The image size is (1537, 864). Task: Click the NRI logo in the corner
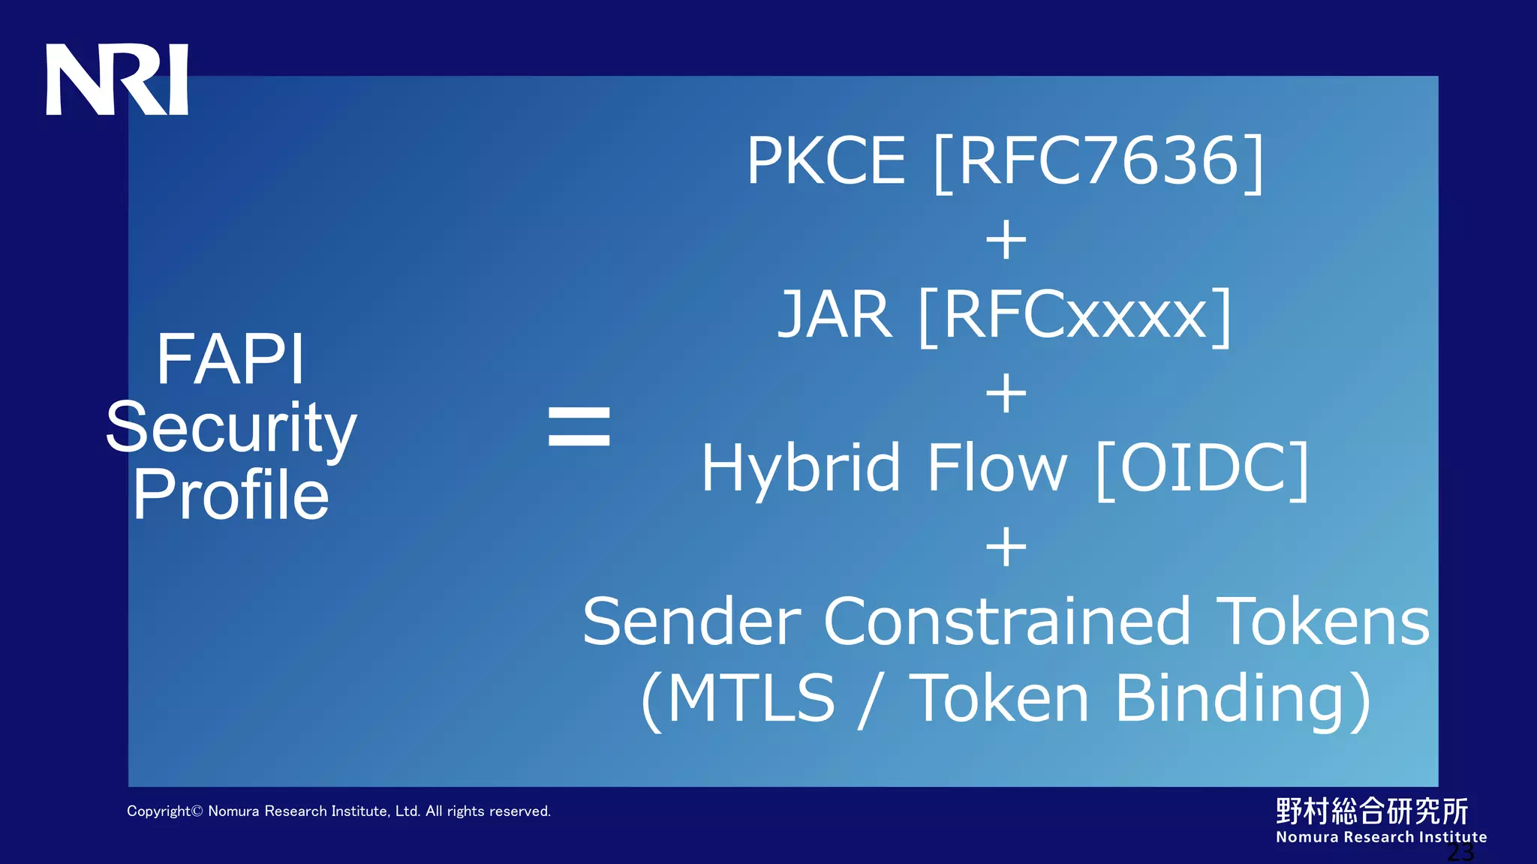117,79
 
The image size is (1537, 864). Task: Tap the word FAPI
230,360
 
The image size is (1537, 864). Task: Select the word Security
231,427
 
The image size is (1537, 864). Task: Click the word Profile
231,495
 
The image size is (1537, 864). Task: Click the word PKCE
826,160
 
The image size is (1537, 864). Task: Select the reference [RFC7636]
1099,162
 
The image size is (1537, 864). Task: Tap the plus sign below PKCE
1006,240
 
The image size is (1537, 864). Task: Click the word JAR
835,315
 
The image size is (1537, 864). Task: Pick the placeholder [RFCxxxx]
1075,316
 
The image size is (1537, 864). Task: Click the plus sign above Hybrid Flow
1006,394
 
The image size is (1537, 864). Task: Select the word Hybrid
800,469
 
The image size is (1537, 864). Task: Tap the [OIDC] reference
1202,469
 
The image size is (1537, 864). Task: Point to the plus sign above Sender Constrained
1006,547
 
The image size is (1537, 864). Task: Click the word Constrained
1007,622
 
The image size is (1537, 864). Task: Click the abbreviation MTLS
750,698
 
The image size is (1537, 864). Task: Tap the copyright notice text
338,811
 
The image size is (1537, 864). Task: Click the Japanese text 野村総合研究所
1372,811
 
